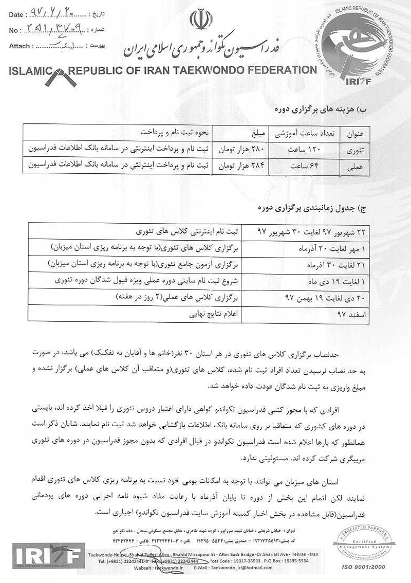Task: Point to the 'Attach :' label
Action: pos(20,46)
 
